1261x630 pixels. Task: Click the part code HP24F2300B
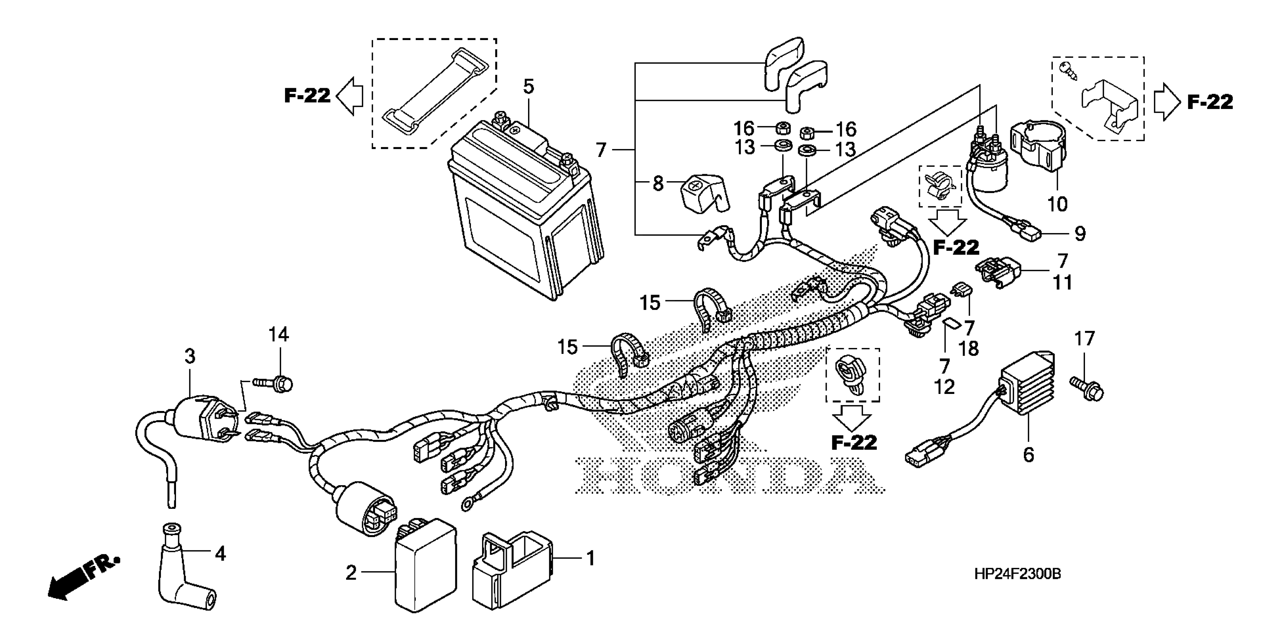[x=1017, y=574]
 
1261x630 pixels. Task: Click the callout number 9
[x=1080, y=233]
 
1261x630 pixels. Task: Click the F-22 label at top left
[x=308, y=96]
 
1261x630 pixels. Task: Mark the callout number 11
[x=1062, y=282]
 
